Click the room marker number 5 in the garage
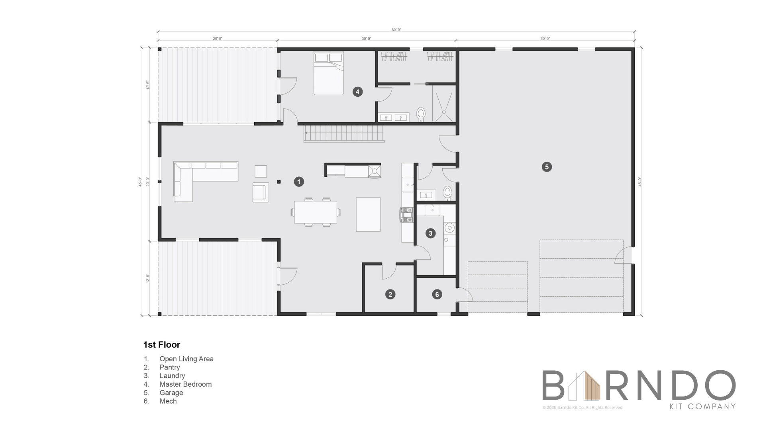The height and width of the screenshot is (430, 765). (x=547, y=167)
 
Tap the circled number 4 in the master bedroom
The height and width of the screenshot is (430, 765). (x=357, y=92)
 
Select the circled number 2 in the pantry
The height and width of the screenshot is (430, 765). (x=390, y=294)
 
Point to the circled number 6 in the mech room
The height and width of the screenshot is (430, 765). (x=437, y=294)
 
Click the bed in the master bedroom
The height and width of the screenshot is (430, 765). (x=328, y=74)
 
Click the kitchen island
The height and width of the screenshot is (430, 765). (x=368, y=214)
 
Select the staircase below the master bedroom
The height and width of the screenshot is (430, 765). (x=343, y=133)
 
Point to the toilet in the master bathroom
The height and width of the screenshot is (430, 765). (x=421, y=114)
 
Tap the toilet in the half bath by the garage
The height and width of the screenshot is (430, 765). (x=447, y=193)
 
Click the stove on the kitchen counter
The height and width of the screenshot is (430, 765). (x=407, y=215)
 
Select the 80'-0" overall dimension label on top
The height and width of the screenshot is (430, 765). (x=396, y=30)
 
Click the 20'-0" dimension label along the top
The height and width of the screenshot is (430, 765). (x=217, y=39)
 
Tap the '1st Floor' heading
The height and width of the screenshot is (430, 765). (x=162, y=345)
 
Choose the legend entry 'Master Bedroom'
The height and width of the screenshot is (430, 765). (x=185, y=384)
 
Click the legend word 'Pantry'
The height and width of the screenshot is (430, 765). (x=170, y=367)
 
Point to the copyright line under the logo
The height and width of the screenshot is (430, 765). (x=582, y=407)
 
